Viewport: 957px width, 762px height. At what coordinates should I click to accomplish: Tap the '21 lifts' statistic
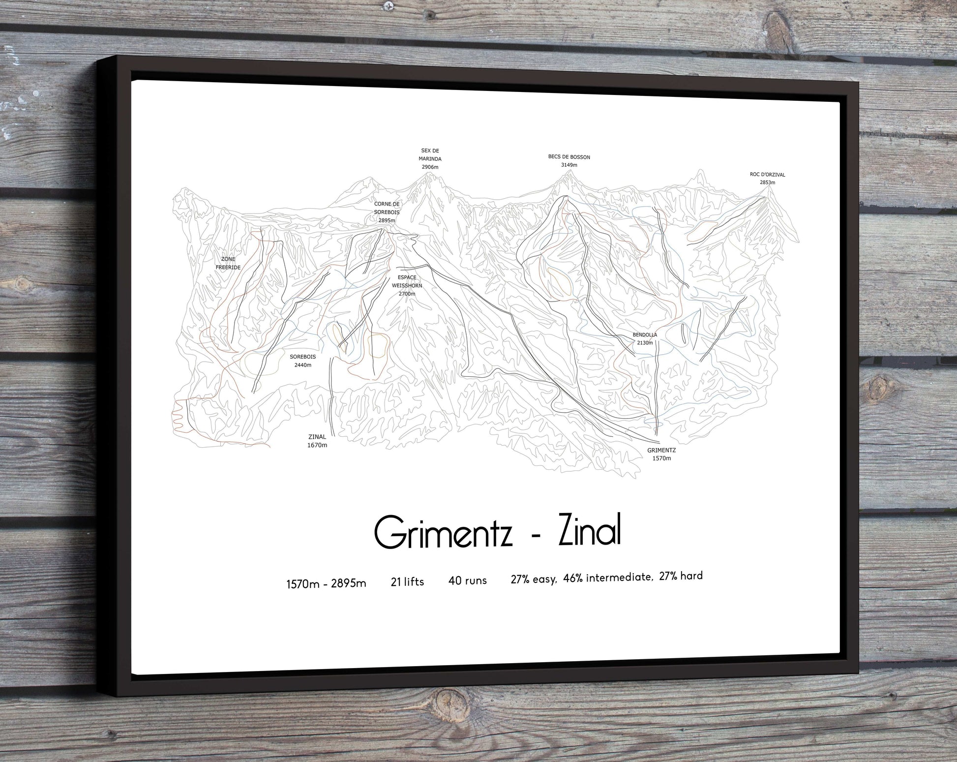point(407,582)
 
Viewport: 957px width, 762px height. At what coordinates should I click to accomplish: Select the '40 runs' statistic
point(467,580)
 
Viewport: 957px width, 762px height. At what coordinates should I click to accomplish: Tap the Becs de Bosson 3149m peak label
point(569,161)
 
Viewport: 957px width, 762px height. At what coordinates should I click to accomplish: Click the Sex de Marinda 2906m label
point(430,159)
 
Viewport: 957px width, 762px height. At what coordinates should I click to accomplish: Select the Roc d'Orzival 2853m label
point(767,178)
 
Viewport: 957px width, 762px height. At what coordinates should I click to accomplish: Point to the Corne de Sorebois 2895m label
point(387,212)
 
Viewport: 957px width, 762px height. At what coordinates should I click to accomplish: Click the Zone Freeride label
point(228,263)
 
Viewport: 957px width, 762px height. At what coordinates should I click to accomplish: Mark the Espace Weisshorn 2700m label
point(407,285)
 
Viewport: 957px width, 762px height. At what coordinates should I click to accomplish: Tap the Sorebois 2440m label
point(302,361)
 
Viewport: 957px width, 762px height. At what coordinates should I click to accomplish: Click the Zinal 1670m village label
point(317,441)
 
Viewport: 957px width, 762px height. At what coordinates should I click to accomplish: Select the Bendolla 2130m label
point(645,339)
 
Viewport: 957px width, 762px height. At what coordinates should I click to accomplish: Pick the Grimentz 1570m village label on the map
point(661,454)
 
